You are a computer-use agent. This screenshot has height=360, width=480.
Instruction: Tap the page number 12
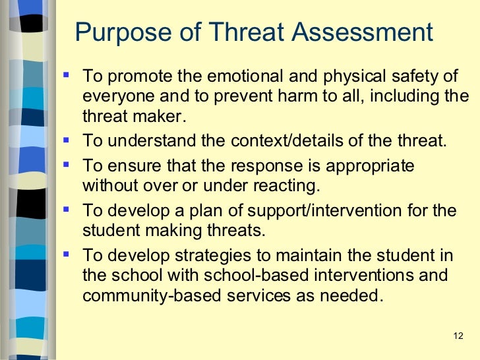coord(460,337)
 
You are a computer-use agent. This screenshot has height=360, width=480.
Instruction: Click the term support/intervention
coord(319,211)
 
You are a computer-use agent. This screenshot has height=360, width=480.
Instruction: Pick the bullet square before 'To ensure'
coord(67,163)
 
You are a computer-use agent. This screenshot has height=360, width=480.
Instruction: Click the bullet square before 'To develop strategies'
coord(67,254)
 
